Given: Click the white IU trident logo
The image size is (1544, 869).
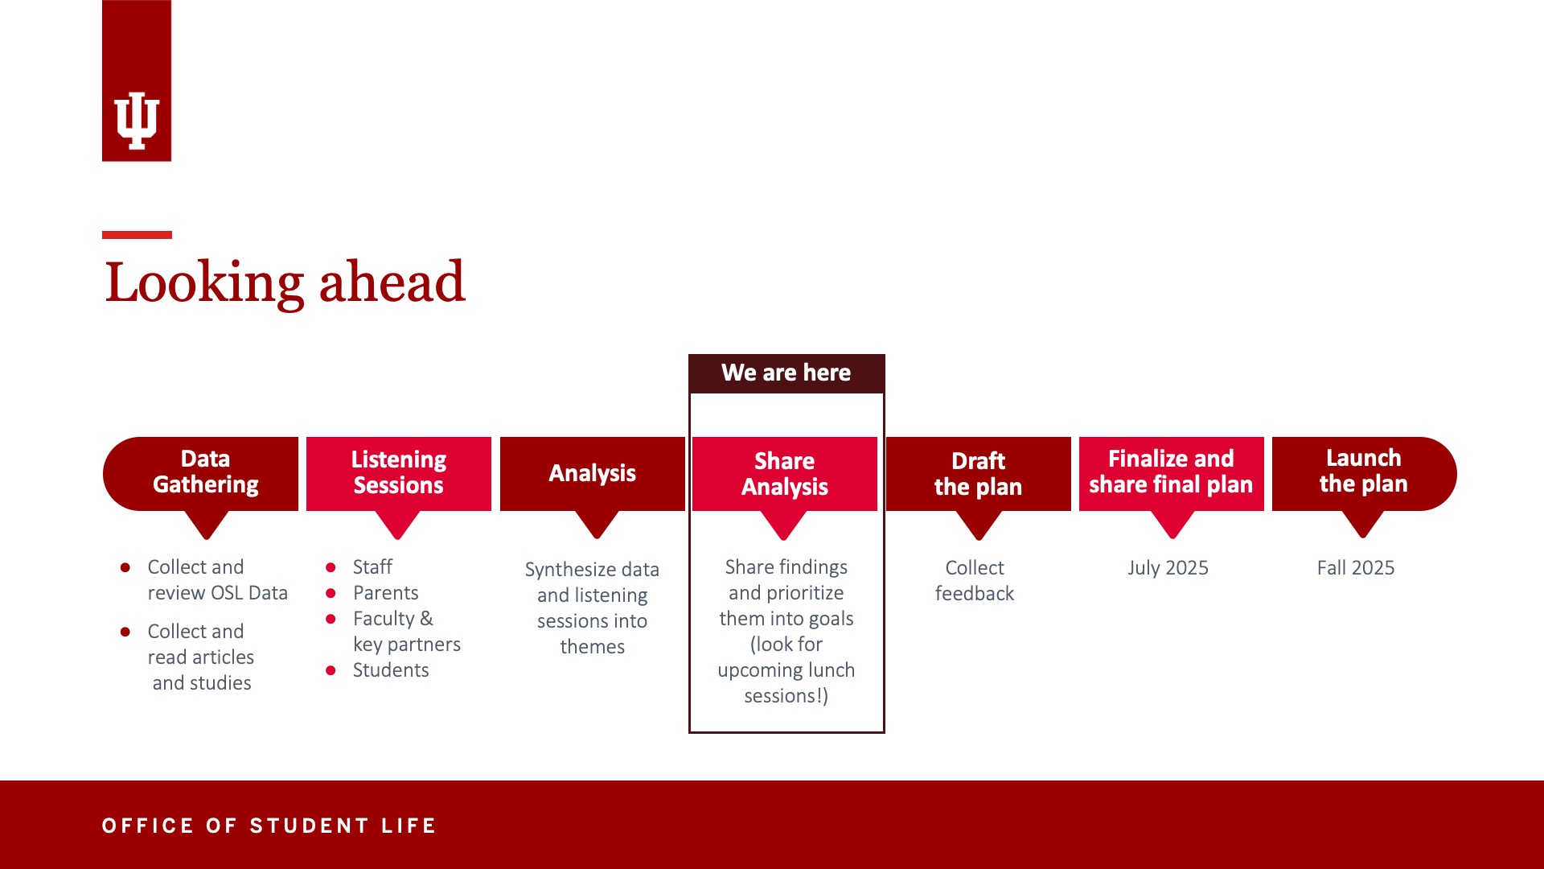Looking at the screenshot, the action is (x=137, y=121).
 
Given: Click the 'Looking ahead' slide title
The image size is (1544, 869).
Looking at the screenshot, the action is (x=285, y=282).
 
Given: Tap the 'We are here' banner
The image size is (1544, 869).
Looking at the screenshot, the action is (x=786, y=373).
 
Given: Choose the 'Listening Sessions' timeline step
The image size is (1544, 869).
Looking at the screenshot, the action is (x=399, y=473).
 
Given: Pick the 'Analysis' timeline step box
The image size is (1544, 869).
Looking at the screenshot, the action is (x=593, y=473).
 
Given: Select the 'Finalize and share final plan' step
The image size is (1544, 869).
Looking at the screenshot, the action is (x=1172, y=473).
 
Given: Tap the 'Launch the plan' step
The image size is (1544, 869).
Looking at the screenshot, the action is (x=1364, y=473).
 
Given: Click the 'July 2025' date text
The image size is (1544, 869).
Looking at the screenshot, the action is (x=1168, y=568).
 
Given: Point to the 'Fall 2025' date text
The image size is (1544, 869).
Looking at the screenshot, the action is (x=1356, y=568).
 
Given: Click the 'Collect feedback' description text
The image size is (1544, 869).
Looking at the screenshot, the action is (x=975, y=581).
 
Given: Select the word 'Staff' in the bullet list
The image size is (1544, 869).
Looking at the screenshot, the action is (x=372, y=567).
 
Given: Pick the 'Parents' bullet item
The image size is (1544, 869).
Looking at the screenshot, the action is (x=386, y=593).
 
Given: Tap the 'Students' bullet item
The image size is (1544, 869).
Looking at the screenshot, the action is (x=391, y=670).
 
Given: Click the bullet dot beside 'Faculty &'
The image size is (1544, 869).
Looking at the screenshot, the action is (x=331, y=619).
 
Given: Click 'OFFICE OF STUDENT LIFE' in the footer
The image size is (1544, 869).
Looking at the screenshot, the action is (x=269, y=826).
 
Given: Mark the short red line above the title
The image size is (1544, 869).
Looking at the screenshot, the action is (x=137, y=235).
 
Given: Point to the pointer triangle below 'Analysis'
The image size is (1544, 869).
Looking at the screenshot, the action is (x=597, y=525).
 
